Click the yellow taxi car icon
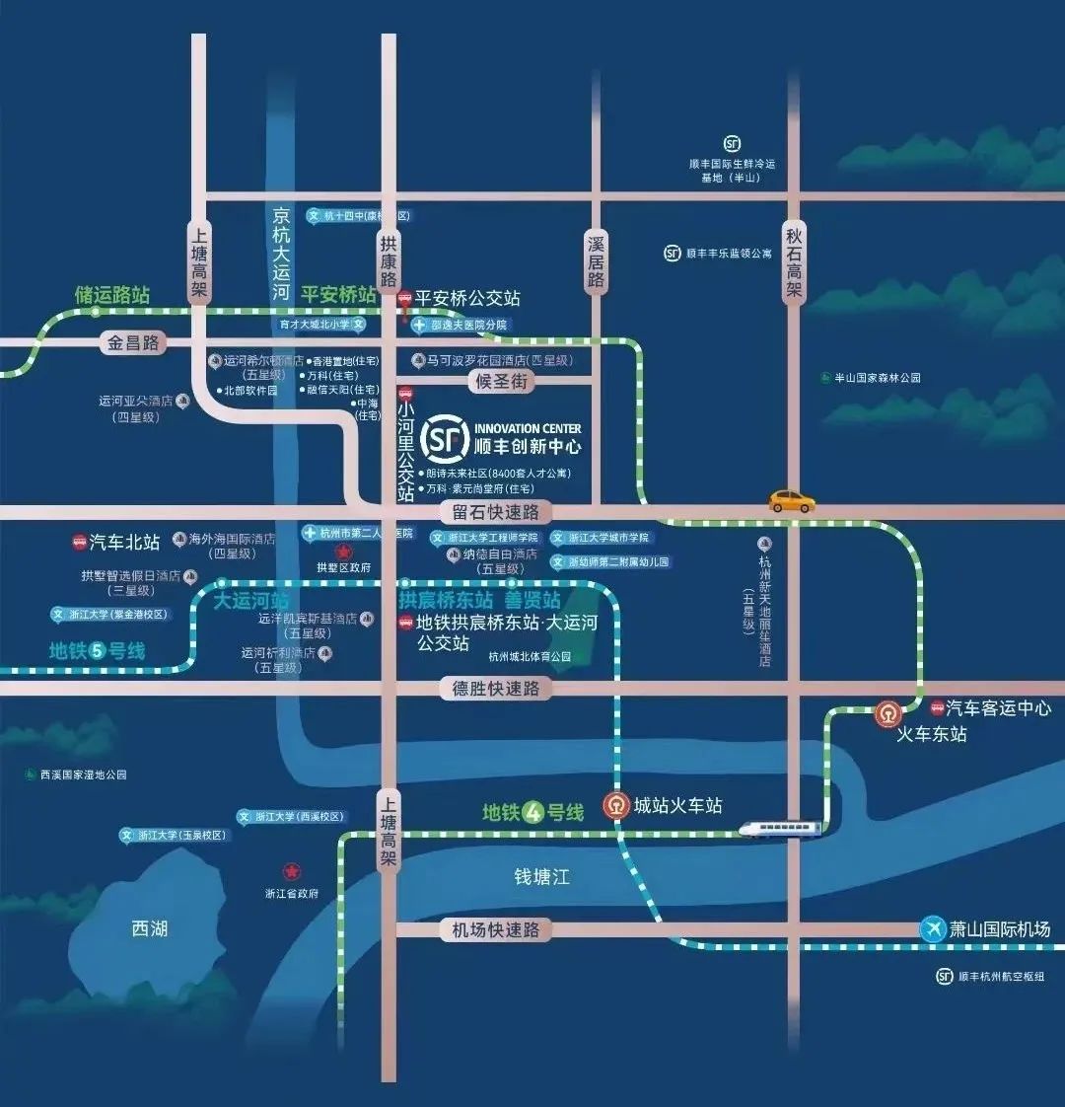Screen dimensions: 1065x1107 792,501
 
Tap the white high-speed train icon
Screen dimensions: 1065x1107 780,829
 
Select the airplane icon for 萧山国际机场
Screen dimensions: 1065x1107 932,929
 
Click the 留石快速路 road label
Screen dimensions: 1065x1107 496,512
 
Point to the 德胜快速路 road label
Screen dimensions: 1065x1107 495,689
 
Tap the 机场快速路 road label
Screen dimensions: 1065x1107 495,929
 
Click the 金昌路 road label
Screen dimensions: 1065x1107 133,343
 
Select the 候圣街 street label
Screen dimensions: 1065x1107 502,382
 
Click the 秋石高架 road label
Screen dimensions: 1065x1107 794,261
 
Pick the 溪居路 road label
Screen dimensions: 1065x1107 596,261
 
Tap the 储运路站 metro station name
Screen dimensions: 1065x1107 112,294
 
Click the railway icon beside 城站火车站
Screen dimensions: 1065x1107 617,806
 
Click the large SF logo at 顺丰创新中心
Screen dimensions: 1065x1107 444,440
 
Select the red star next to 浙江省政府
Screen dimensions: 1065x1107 291,872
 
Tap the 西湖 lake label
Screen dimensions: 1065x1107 150,927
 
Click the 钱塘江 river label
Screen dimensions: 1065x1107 541,876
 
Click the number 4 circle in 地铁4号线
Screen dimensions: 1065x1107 533,812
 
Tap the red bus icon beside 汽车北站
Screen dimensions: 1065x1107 79,543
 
